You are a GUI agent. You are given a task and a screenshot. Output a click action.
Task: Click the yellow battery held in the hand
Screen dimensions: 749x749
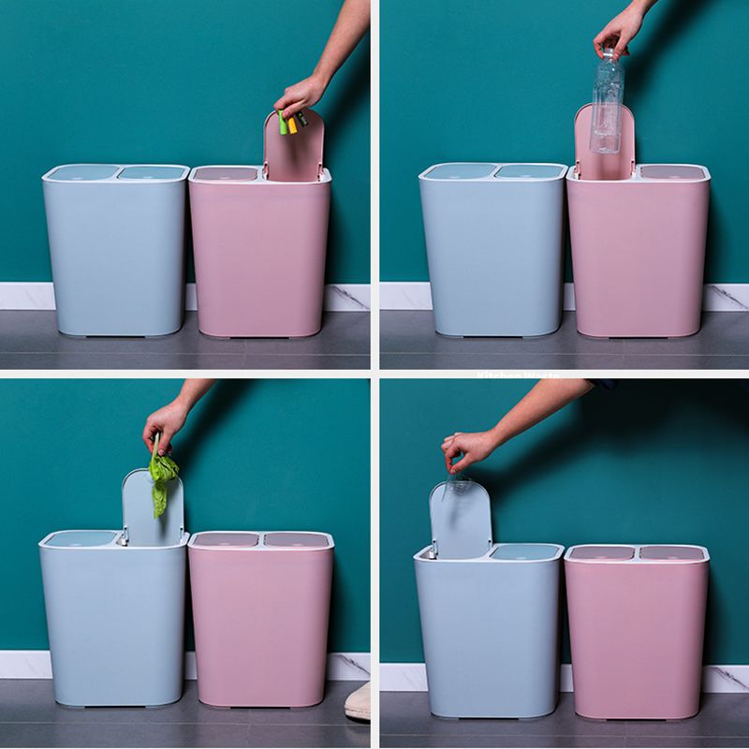(x=291, y=124)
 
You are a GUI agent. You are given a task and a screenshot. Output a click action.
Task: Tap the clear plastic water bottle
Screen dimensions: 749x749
(x=607, y=103)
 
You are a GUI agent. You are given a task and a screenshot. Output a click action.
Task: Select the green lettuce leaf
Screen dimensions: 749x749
(x=162, y=477)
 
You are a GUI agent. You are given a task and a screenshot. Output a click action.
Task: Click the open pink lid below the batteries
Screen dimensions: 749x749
(x=294, y=150)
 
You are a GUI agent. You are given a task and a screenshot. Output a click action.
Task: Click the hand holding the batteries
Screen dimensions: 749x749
(x=300, y=94)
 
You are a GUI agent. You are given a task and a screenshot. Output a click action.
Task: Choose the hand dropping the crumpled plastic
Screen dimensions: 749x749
(x=468, y=448)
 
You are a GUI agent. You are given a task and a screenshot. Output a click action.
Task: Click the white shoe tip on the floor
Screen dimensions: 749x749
(x=358, y=702)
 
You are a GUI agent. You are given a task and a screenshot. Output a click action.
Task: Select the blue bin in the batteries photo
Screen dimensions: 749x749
(x=115, y=253)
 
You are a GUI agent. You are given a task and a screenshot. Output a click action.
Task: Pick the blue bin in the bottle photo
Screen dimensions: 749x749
(x=492, y=253)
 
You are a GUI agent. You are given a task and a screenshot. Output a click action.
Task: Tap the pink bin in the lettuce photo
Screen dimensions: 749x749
(x=260, y=623)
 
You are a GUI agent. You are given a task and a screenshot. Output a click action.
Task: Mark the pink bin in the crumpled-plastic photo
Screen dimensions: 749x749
(x=636, y=632)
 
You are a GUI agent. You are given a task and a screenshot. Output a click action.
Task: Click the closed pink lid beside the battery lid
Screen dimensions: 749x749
(x=225, y=174)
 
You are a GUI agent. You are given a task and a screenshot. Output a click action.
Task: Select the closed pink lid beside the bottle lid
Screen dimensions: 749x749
(x=672, y=172)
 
